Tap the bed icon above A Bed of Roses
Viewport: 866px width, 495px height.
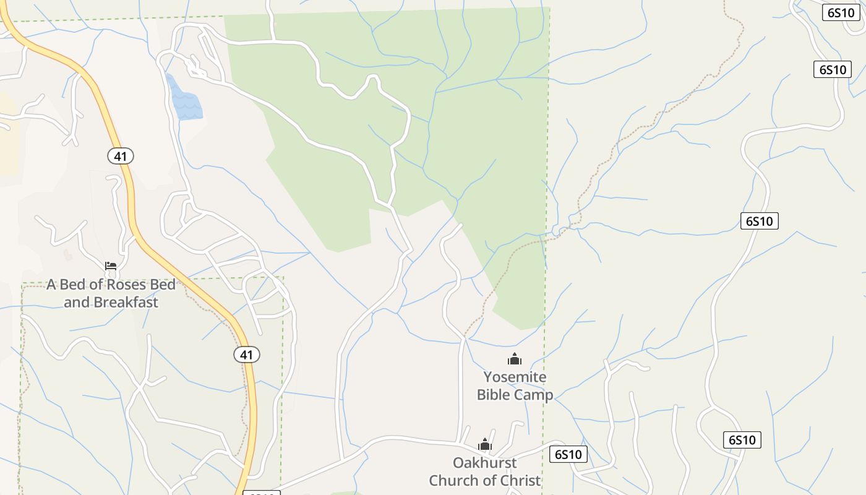point(111,266)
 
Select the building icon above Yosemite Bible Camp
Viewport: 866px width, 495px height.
point(514,359)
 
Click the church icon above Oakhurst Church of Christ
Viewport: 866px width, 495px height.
point(485,444)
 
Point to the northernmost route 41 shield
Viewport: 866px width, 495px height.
point(121,156)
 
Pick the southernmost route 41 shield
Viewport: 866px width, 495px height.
point(247,355)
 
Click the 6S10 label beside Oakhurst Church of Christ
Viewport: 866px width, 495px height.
point(568,454)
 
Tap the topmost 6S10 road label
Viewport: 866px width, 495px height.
point(841,12)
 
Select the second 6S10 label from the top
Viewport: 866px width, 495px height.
point(832,69)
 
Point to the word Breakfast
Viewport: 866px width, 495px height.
point(126,303)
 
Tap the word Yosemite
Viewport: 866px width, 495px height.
point(515,377)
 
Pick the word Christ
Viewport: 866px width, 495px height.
point(518,481)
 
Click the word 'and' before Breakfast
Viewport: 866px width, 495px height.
point(77,303)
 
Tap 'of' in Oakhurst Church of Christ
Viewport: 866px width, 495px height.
point(486,481)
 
